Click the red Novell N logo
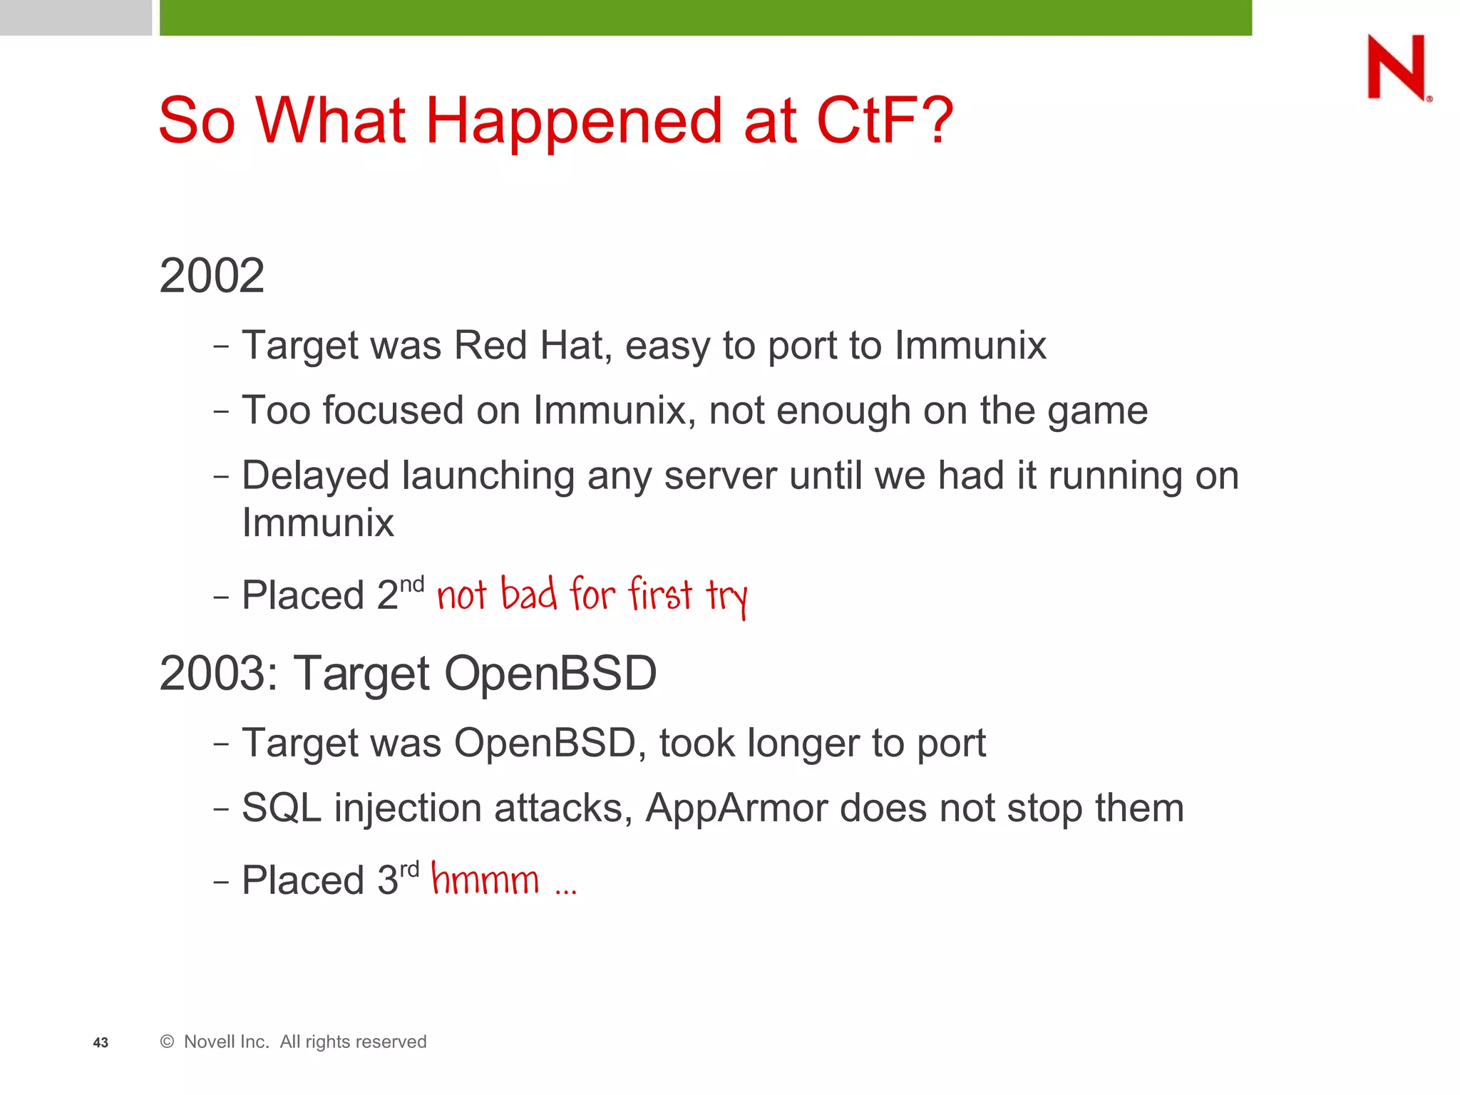(x=1397, y=68)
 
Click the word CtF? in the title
(x=884, y=121)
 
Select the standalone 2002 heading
(x=212, y=276)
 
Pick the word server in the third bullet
(x=719, y=476)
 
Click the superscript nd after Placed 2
(x=411, y=585)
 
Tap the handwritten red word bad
(x=528, y=593)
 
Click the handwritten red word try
(x=726, y=596)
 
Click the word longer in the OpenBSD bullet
(x=803, y=744)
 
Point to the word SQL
(x=281, y=808)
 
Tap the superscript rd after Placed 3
(x=409, y=870)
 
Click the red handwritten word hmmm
(x=485, y=880)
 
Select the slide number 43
(x=101, y=1043)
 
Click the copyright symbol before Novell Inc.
(x=168, y=1042)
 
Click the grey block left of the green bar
(x=76, y=17)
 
